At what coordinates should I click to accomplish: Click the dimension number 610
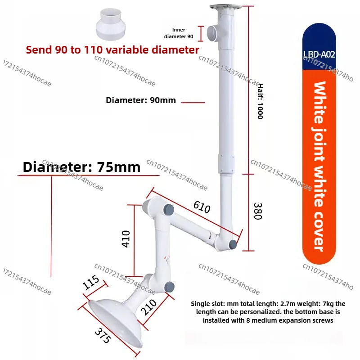point(202,207)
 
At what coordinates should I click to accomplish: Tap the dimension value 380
point(258,211)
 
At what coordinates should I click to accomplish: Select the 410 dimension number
point(126,239)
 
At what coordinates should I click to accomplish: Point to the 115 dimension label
point(91,282)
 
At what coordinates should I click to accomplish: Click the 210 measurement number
point(148,307)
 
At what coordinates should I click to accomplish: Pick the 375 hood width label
point(103,335)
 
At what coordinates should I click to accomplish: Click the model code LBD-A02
point(319,54)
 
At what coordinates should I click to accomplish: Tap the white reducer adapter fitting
point(111,24)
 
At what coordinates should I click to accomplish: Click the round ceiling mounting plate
point(225,7)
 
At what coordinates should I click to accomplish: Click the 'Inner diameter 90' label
point(178,33)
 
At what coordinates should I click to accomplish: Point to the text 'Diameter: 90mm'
point(141,100)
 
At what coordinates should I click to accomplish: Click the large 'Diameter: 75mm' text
point(81,167)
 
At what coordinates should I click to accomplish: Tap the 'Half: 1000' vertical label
point(260,101)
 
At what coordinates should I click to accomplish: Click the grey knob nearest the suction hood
point(170,287)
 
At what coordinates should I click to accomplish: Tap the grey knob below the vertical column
point(233,245)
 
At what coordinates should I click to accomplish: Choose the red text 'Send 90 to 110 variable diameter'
point(112,50)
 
